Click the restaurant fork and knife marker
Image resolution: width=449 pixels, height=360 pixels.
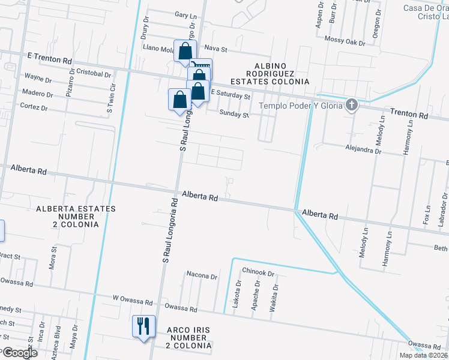click(143, 326)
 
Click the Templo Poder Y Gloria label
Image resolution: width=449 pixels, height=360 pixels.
click(301, 106)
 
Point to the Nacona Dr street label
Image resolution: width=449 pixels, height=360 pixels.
click(202, 276)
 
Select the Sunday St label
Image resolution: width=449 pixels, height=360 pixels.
click(234, 113)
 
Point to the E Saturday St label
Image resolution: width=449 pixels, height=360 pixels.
click(230, 95)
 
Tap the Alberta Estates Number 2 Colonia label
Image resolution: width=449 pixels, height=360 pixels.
click(75, 216)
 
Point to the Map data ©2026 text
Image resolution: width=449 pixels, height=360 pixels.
click(423, 355)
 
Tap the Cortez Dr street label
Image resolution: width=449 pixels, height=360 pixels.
click(34, 107)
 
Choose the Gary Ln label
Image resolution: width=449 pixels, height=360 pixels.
click(185, 14)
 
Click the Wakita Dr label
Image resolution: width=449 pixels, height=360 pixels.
click(276, 295)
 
